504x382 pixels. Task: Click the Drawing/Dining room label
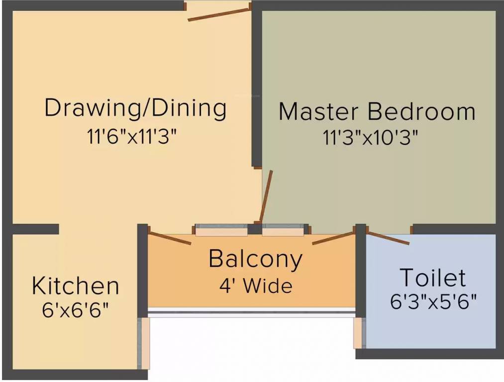[x=135, y=108]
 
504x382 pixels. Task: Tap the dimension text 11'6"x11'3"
[x=132, y=137]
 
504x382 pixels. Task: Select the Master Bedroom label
[x=377, y=111]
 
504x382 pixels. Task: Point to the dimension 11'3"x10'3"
[x=370, y=138]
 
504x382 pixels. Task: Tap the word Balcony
[x=255, y=259]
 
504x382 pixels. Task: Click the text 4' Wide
[x=255, y=286]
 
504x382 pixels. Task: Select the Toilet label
[x=433, y=278]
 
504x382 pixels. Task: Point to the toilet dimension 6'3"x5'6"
[x=433, y=302]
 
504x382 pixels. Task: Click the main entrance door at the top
[x=217, y=14]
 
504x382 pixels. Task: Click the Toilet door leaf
[x=389, y=238]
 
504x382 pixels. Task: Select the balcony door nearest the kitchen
[x=170, y=238]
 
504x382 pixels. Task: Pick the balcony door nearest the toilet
[x=333, y=238]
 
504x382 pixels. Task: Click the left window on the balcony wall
[x=221, y=230]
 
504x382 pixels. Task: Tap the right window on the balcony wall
[x=283, y=230]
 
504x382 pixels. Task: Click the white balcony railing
[x=252, y=312]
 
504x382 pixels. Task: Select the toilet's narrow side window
[x=358, y=333]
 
